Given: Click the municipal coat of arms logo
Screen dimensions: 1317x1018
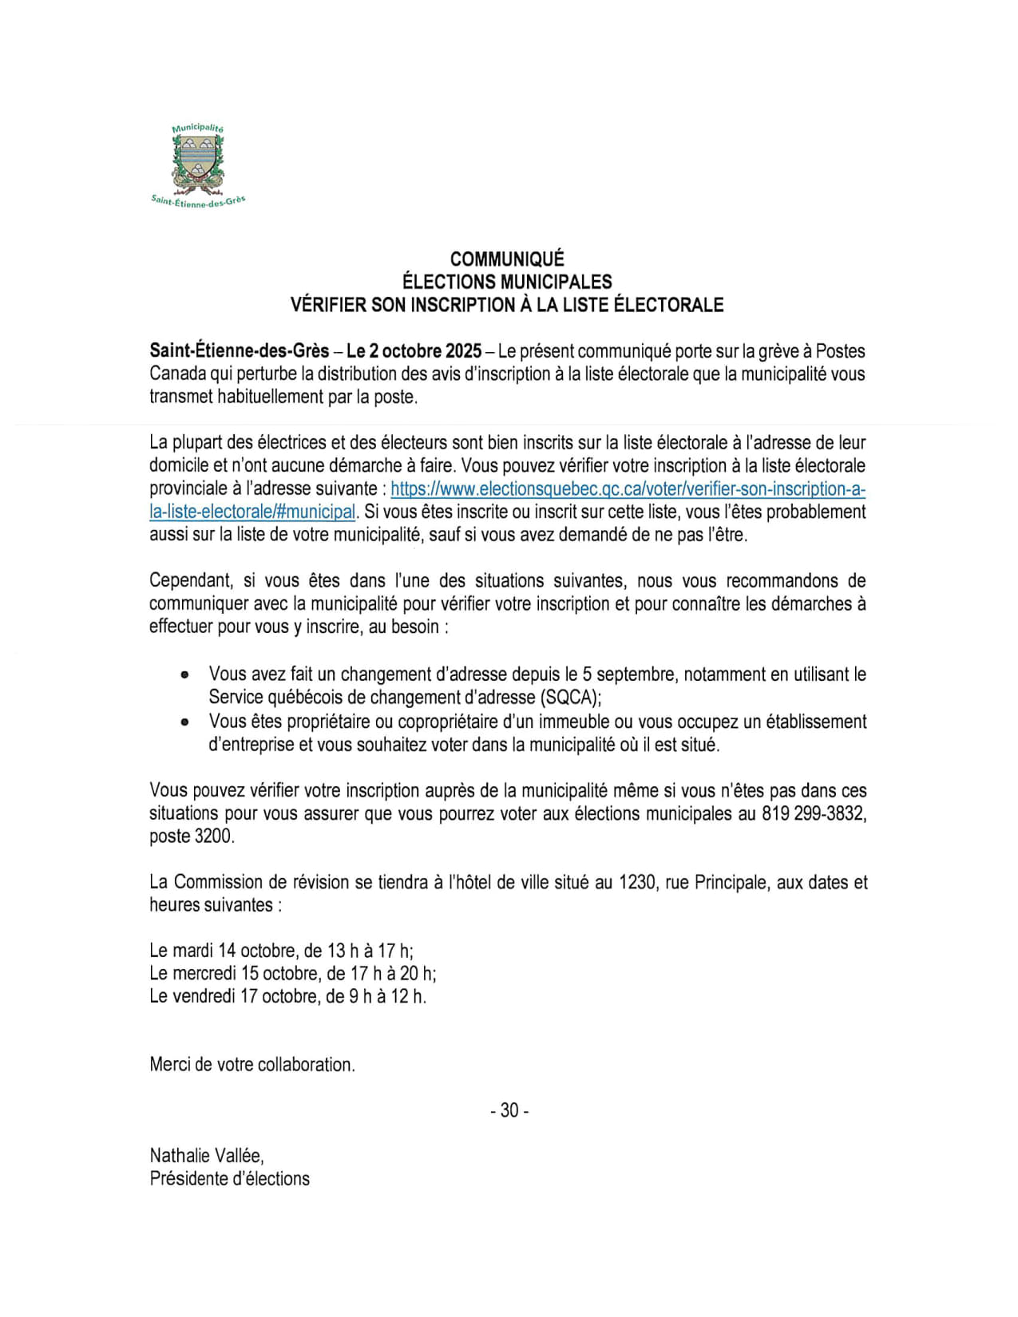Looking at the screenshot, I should point(198,164).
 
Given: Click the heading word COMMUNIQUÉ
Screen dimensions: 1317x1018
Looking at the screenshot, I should point(507,259).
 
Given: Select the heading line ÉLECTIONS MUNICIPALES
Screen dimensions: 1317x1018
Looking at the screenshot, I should point(507,282).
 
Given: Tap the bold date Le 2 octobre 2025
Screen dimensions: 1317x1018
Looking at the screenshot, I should point(414,351).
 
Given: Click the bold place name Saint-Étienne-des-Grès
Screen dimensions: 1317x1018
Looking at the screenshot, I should point(239,351).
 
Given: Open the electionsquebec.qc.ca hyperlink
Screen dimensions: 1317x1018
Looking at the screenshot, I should point(628,489).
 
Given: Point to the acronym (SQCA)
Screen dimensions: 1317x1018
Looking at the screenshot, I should point(570,698).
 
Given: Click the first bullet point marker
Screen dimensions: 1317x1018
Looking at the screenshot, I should point(185,675).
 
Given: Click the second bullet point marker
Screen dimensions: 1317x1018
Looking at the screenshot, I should point(185,722).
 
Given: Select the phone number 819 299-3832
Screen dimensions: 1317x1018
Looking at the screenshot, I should point(814,814).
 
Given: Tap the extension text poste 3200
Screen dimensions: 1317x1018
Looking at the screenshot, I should point(192,836).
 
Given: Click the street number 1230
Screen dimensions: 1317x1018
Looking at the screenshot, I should point(637,883).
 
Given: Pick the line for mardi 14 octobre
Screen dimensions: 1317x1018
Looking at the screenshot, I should point(281,951).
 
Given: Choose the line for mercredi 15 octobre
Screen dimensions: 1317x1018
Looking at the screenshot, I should point(292,974).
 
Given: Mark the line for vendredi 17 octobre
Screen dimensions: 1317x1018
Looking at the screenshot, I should point(287,996).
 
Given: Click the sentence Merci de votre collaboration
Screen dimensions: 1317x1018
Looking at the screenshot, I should point(252,1065).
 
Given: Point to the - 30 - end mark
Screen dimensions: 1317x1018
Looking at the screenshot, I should point(509,1110).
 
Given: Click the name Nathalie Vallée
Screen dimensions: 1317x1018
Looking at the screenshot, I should point(206,1156).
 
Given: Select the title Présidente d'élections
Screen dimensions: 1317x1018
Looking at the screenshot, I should point(229,1179).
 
